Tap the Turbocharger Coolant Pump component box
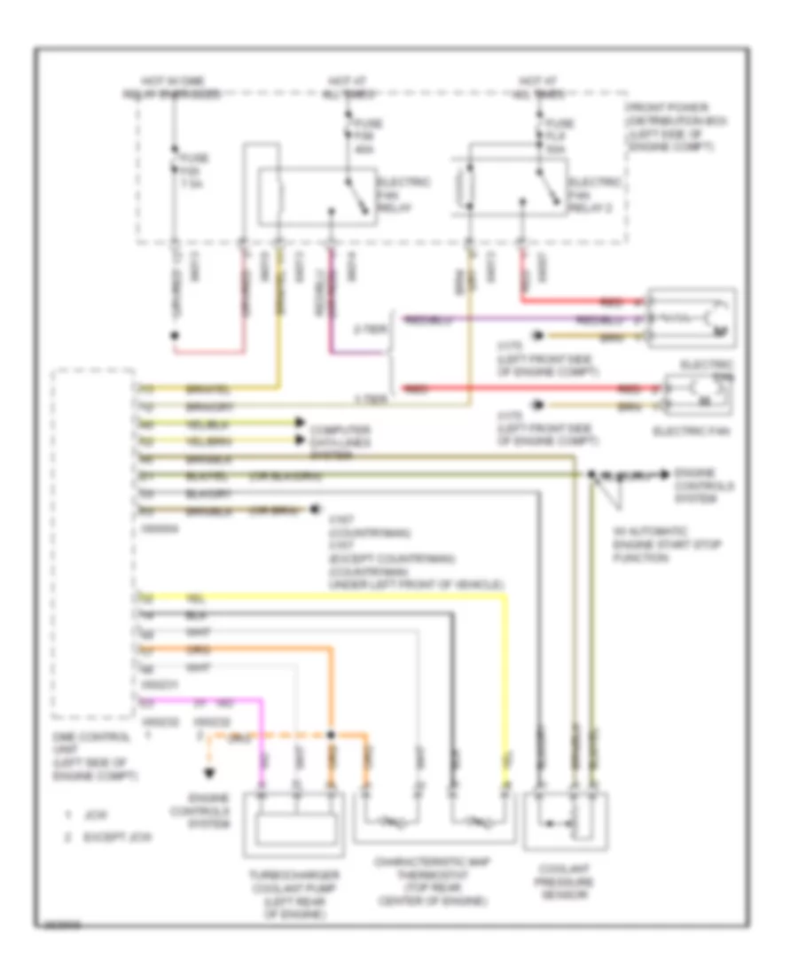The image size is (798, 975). (294, 826)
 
